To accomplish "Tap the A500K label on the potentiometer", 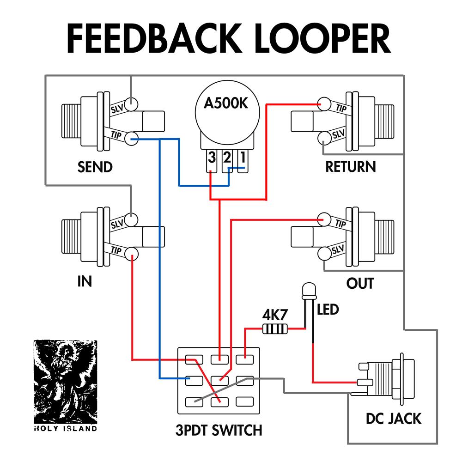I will [226, 103].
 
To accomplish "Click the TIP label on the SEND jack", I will [116, 134].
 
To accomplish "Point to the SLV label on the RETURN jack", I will [339, 134].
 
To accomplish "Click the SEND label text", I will [95, 167].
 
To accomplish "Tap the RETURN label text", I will [351, 167].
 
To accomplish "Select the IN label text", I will [85, 281].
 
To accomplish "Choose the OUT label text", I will [360, 283].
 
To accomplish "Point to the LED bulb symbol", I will [308, 291].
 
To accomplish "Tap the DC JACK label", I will [394, 419].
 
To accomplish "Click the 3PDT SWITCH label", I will [219, 431].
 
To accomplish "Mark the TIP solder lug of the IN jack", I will [132, 253].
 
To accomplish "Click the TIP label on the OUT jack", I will [340, 224].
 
